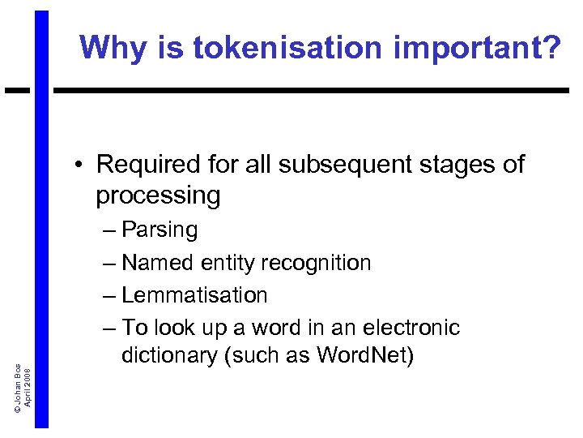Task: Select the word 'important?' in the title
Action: coord(477,48)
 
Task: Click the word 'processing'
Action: coord(158,195)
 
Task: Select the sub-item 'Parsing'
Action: coord(160,230)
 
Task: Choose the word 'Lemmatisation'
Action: coord(194,295)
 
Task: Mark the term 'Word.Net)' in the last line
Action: coord(364,355)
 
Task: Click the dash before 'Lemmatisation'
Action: coord(111,295)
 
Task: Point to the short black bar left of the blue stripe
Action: coord(17,89)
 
